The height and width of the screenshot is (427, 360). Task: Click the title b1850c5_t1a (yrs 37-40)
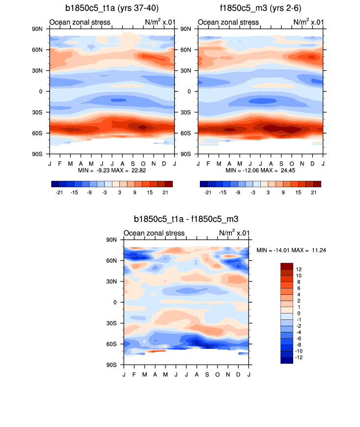[111, 8]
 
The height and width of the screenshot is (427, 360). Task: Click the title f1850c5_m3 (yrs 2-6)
[261, 8]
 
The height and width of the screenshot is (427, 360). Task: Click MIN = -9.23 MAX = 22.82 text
[111, 170]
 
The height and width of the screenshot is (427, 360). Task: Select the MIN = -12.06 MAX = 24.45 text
[260, 170]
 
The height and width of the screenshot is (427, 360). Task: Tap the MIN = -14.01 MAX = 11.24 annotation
[291, 250]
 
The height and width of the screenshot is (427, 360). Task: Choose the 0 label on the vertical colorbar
[299, 313]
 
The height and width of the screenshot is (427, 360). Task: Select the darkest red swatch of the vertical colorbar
[286, 266]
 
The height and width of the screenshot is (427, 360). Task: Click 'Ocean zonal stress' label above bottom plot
[154, 233]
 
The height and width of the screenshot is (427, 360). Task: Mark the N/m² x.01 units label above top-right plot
[308, 22]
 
